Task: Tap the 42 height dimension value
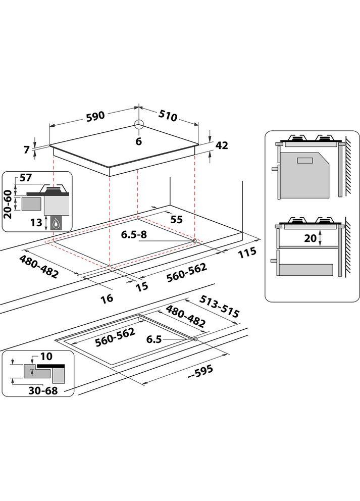[x=222, y=145]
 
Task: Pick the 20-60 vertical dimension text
[x=8, y=205]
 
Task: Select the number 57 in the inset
[x=25, y=178]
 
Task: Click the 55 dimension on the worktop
[x=176, y=220]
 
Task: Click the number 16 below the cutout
[x=107, y=298]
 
